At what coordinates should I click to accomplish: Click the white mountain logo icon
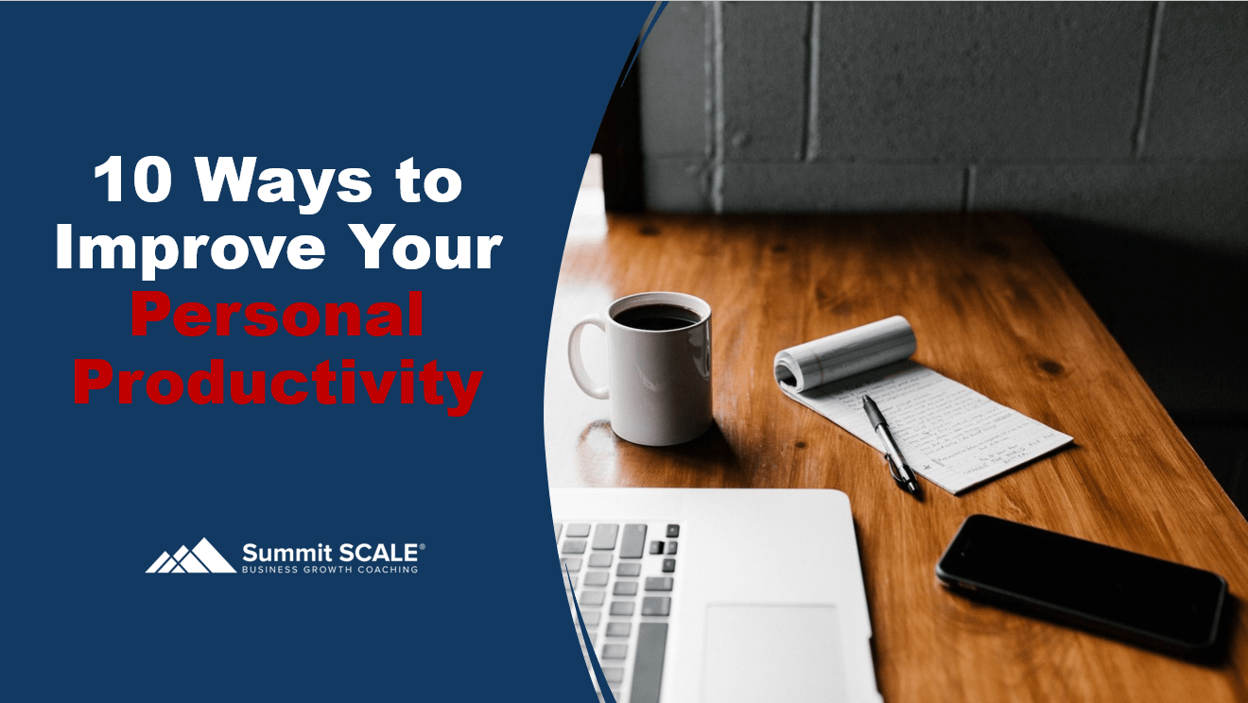[191, 557]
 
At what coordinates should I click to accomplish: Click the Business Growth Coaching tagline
[330, 570]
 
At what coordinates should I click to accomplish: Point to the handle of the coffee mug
[585, 357]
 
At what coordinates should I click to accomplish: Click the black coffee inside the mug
[658, 317]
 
